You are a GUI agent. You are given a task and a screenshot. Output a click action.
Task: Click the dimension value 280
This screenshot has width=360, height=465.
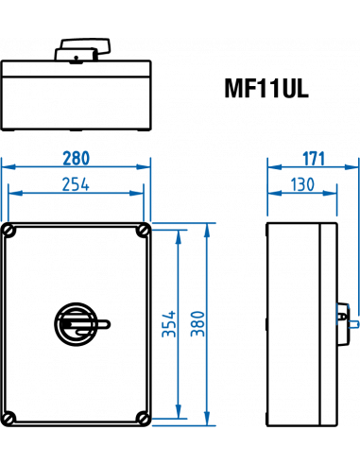pyautogui.click(x=76, y=157)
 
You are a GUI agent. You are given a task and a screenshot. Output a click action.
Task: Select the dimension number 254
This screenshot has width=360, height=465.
pyautogui.click(x=76, y=185)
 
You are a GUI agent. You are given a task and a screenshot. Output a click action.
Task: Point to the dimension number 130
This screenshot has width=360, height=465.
pyautogui.click(x=302, y=185)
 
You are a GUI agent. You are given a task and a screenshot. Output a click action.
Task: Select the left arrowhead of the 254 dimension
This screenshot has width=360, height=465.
pyautogui.click(x=13, y=193)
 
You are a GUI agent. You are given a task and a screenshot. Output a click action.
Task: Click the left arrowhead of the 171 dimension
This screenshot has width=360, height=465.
pyautogui.click(x=272, y=166)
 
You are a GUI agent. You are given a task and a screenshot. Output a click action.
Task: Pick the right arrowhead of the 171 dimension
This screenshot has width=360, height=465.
pyautogui.click(x=351, y=166)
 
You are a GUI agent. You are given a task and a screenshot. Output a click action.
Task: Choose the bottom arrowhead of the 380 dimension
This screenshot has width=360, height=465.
pyautogui.click(x=207, y=420)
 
